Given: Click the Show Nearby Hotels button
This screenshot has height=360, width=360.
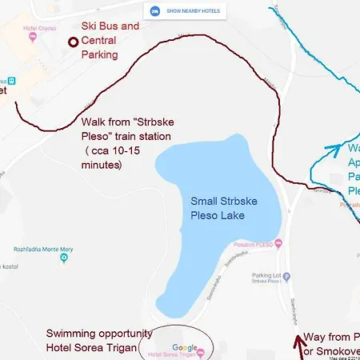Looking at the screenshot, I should tap(185, 11).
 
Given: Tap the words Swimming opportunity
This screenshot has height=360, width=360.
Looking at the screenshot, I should tap(91, 333).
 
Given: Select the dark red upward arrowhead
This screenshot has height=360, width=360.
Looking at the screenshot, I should tap(301, 340).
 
